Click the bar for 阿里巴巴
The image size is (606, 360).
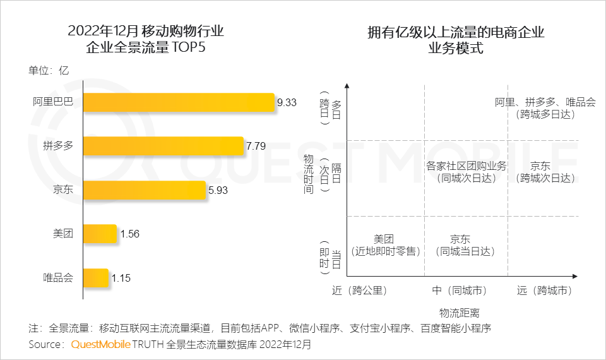tap(179, 102)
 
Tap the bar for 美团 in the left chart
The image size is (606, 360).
tap(100, 234)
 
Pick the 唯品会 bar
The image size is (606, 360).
tap(96, 277)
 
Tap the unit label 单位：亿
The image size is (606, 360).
tap(49, 70)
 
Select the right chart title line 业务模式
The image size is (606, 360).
tap(456, 48)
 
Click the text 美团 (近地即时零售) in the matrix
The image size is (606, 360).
tap(384, 245)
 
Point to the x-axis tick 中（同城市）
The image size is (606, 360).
tap(459, 291)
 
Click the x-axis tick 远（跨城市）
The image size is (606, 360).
tap(544, 291)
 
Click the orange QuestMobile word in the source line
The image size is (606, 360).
tap(100, 345)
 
